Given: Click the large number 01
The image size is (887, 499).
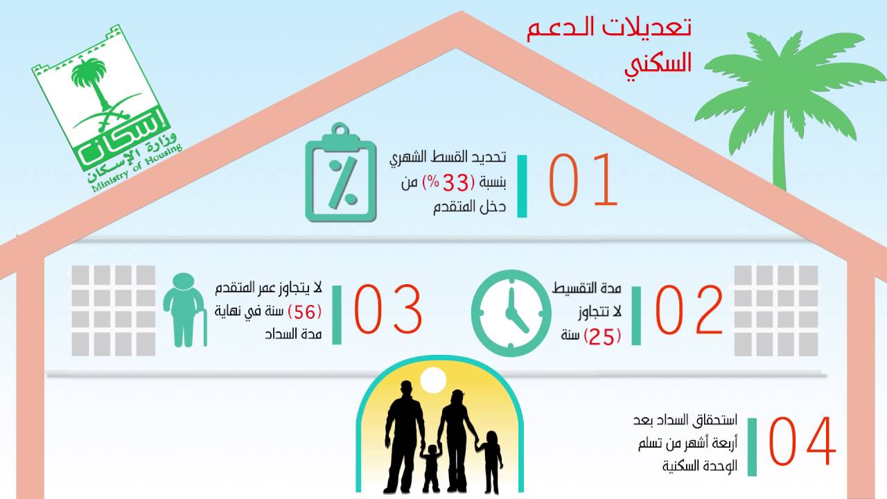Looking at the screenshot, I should click(583, 180).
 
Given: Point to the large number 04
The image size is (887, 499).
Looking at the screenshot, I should click(802, 441).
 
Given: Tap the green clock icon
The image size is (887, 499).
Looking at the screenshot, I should click(511, 308).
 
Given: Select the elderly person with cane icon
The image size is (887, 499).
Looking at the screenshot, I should click(184, 309).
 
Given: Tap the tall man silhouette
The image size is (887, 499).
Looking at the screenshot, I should click(405, 433).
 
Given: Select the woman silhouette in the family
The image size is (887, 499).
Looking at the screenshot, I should click(456, 433).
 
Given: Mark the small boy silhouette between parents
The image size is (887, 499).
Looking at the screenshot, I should click(432, 468).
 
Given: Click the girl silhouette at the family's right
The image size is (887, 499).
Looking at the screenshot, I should click(491, 461).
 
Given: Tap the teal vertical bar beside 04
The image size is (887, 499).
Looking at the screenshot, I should click(752, 446).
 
